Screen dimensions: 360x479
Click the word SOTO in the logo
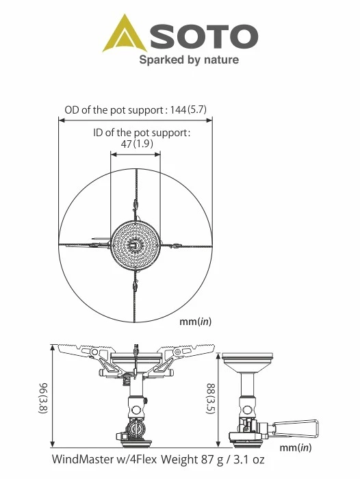[x=204, y=36]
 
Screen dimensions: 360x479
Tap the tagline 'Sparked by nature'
[x=189, y=60]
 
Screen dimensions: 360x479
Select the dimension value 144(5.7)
[x=189, y=109]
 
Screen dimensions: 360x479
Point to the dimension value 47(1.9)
[x=137, y=144]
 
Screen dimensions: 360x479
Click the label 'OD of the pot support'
[x=114, y=110]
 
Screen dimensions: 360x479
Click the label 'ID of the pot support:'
[x=142, y=133]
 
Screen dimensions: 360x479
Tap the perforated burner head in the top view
[x=135, y=245]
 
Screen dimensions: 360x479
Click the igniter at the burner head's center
[x=134, y=245]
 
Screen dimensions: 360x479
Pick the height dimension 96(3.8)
[x=43, y=398]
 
